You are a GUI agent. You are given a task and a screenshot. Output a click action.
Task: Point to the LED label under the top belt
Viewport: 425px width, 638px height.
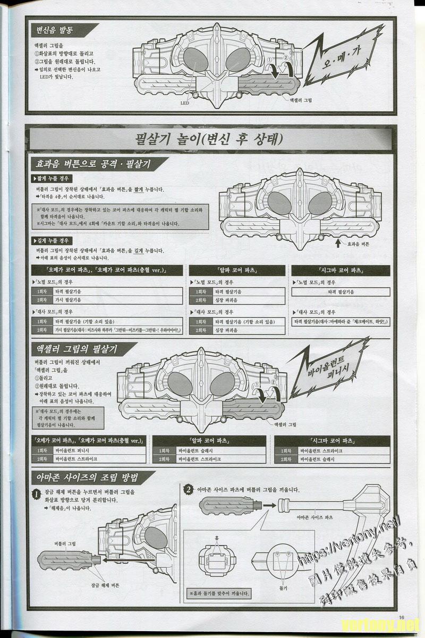click(x=185, y=103)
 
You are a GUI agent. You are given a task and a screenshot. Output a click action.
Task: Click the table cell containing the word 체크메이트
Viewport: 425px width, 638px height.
click(x=341, y=322)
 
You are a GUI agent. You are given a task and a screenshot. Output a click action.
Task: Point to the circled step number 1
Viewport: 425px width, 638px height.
click(x=36, y=494)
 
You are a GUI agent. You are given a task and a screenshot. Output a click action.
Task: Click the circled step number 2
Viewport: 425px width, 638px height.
click(x=188, y=489)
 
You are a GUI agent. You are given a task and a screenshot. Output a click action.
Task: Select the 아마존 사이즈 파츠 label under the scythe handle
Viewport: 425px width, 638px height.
click(x=314, y=517)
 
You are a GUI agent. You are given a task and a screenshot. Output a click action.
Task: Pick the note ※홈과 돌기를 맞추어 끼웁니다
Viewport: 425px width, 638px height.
click(x=220, y=593)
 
